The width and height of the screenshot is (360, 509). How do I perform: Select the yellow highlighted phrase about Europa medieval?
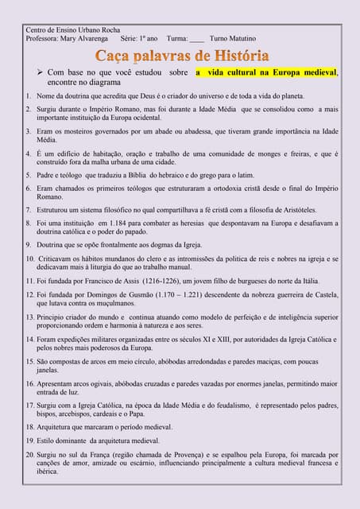point(266,72)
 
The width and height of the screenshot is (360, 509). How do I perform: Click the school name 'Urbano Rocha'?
point(100,30)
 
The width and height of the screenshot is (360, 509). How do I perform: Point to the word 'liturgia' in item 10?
point(154,268)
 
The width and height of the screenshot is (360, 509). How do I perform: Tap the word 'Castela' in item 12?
point(322,293)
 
